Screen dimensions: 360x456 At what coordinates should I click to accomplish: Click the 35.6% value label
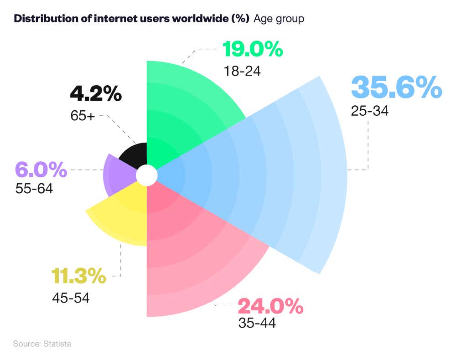(396, 87)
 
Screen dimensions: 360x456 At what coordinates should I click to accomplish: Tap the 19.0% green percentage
(253, 50)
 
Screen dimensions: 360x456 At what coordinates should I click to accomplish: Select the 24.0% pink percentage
(270, 306)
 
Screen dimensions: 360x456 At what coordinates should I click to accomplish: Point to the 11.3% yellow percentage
(78, 276)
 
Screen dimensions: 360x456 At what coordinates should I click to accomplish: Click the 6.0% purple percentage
(41, 170)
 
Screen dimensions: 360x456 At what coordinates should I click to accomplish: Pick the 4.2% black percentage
(96, 94)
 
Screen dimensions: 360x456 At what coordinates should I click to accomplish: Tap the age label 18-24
(242, 71)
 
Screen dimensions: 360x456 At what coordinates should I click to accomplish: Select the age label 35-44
(257, 323)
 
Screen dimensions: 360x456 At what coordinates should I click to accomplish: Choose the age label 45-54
(71, 298)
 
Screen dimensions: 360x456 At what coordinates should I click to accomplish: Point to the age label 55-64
(34, 188)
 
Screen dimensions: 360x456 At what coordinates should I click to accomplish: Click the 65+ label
(83, 116)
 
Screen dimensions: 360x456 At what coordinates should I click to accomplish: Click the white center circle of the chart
(146, 175)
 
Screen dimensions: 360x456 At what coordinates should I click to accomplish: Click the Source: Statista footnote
(42, 344)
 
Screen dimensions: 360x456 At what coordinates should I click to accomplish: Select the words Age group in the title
(279, 19)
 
